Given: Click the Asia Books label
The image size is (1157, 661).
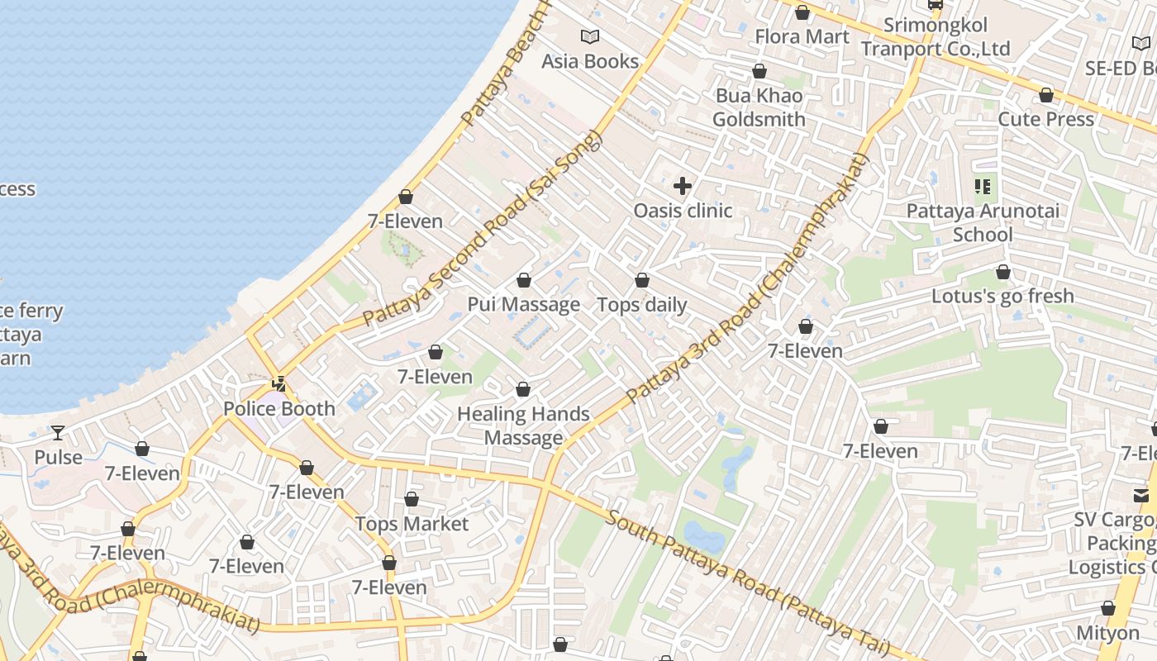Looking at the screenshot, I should (x=590, y=61).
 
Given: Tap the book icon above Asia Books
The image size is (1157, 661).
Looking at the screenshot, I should (x=590, y=36).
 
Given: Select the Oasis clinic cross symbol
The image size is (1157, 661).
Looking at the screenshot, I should (x=683, y=185).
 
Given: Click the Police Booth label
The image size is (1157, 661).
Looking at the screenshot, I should (x=279, y=408).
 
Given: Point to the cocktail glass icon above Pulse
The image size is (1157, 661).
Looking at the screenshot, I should (x=58, y=432).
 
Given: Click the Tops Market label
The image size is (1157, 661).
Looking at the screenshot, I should (x=412, y=524).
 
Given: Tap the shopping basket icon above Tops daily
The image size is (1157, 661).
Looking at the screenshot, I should (x=642, y=280).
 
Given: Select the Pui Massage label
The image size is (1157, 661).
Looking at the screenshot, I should (x=524, y=304).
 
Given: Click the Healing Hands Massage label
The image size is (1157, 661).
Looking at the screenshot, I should (x=524, y=426).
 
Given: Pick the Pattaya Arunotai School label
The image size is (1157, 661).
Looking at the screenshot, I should (x=983, y=222).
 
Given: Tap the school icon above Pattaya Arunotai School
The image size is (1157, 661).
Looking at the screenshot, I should (x=983, y=187).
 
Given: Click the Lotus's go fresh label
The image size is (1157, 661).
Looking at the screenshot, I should (x=1002, y=296).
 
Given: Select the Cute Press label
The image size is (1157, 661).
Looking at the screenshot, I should (x=1046, y=119).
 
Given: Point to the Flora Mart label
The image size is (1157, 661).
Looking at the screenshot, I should (x=802, y=36).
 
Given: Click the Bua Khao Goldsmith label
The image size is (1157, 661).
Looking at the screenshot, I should (x=759, y=107).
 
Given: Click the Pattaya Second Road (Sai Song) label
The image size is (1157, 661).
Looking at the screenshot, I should (x=483, y=228).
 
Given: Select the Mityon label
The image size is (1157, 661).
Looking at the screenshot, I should (x=1107, y=633).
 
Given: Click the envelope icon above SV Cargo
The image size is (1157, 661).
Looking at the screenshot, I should (x=1141, y=495).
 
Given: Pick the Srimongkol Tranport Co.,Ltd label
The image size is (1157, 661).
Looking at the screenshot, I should (x=936, y=37).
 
